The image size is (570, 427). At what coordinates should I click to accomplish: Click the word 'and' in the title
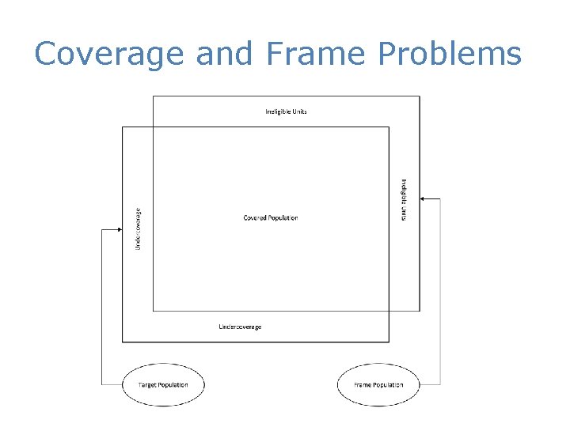click(x=223, y=54)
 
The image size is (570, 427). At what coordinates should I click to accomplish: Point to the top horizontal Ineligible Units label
click(x=286, y=111)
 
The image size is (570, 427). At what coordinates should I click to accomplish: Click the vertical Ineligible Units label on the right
click(x=404, y=199)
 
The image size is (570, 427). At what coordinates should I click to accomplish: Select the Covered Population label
click(x=271, y=217)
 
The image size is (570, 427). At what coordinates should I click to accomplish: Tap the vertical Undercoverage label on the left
click(x=139, y=229)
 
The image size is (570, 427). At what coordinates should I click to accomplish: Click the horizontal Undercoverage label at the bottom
click(x=240, y=327)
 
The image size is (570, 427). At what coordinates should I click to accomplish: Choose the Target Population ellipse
click(x=164, y=385)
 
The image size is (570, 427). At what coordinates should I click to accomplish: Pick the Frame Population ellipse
click(x=378, y=385)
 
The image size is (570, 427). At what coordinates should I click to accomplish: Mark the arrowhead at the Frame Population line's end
click(x=424, y=199)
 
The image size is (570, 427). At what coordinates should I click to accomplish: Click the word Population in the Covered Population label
click(x=283, y=217)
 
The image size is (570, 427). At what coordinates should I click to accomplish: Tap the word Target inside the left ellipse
click(x=148, y=385)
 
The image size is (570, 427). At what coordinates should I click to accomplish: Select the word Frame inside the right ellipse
click(x=363, y=385)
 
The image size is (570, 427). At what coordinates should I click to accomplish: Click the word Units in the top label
click(x=299, y=111)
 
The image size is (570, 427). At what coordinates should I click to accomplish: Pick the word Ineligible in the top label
click(x=278, y=111)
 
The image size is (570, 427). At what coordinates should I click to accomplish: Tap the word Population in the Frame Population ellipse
click(x=388, y=385)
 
